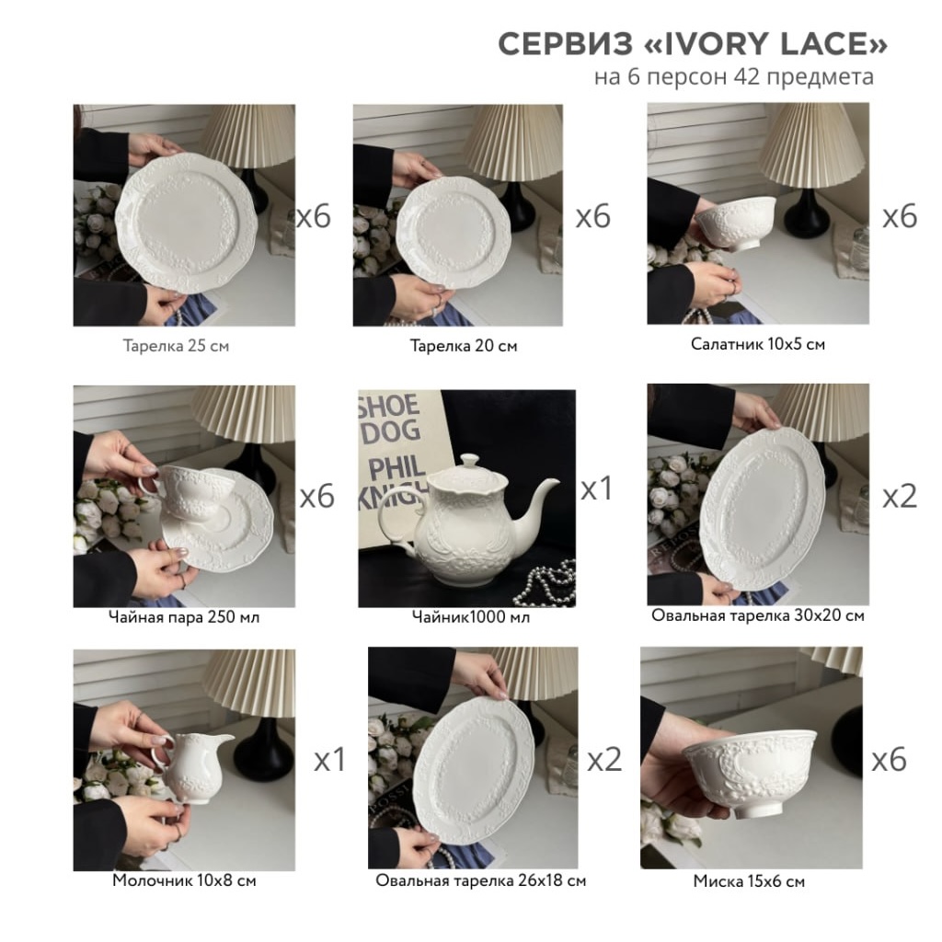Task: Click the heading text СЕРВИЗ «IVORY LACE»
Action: [x=692, y=44]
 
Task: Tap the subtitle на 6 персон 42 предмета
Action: [x=733, y=77]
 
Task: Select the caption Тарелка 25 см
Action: [x=176, y=346]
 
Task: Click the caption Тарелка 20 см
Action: [x=464, y=346]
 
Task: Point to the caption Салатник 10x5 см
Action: [x=758, y=344]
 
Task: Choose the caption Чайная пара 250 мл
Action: [x=184, y=617]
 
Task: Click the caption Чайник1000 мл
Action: [x=471, y=617]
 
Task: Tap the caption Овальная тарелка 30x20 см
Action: [x=758, y=615]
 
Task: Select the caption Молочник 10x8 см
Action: [x=184, y=880]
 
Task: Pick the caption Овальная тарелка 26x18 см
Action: [x=480, y=880]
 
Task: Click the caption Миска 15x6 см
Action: [x=749, y=881]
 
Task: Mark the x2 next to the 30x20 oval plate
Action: [x=900, y=496]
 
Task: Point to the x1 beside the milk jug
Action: [x=330, y=760]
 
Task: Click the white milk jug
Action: [x=191, y=766]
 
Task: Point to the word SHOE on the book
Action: [x=389, y=406]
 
